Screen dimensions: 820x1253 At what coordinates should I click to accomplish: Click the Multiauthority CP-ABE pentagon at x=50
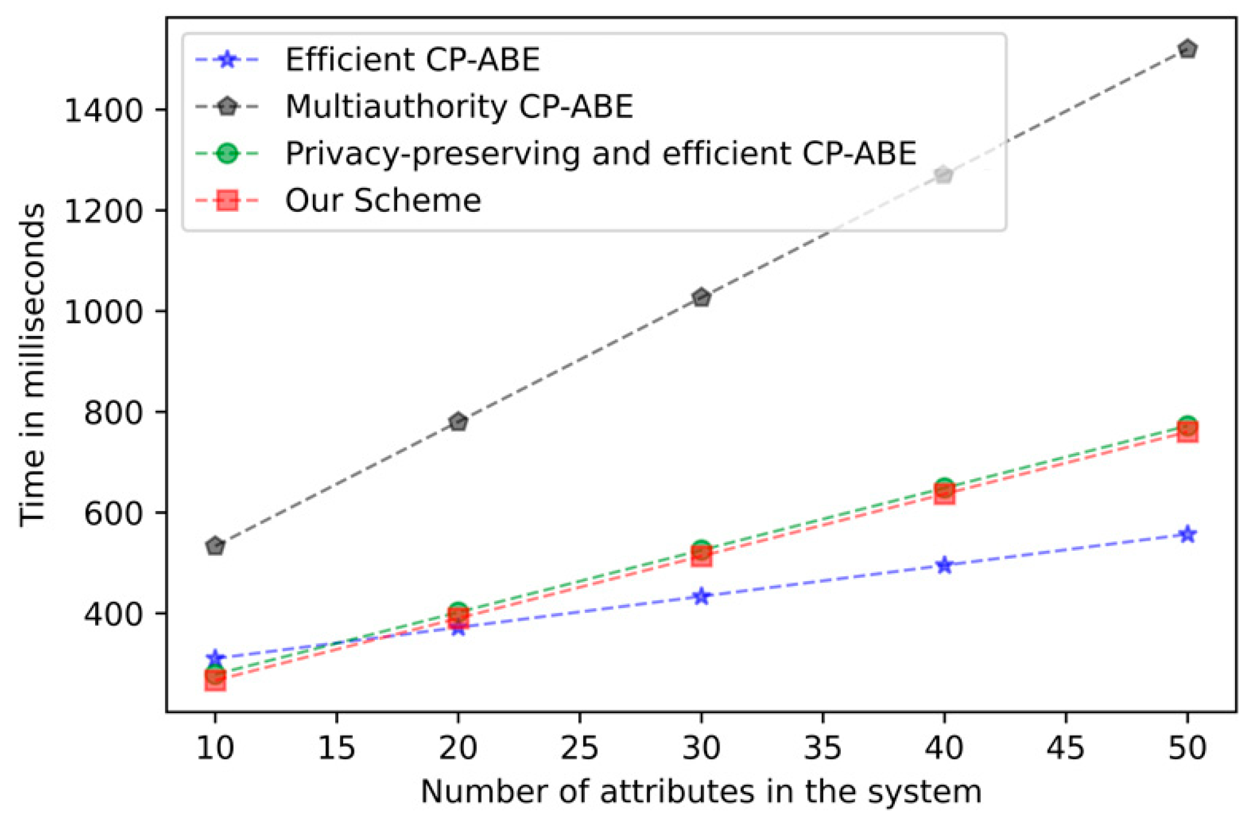(x=1187, y=49)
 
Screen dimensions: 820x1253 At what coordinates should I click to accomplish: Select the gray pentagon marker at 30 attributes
(x=701, y=297)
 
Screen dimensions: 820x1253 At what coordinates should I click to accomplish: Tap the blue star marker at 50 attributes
(x=1187, y=534)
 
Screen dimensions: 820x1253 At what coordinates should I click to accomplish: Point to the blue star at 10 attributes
(x=215, y=658)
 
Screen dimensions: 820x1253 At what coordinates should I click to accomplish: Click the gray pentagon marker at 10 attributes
(x=215, y=546)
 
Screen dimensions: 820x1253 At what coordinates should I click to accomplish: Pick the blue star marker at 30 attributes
(x=701, y=597)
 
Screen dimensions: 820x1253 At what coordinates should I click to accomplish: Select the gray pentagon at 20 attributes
(x=458, y=421)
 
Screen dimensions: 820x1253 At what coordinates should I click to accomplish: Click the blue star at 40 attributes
(x=944, y=565)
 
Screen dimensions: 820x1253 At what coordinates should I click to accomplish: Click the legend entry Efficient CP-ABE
(x=412, y=60)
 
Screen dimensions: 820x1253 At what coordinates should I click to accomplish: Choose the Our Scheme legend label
(x=383, y=200)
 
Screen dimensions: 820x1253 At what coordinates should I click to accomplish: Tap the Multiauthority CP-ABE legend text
(x=459, y=107)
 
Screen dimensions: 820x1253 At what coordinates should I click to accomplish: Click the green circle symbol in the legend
(x=227, y=154)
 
